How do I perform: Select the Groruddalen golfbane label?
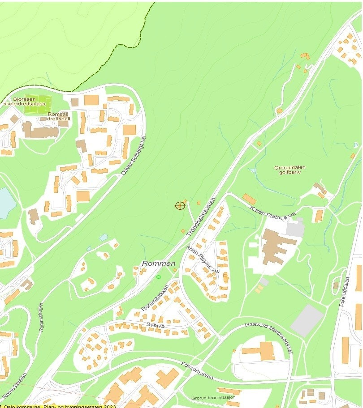(290, 170)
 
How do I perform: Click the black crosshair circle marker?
(180, 205)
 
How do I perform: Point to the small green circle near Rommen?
(158, 277)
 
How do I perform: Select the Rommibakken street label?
(155, 298)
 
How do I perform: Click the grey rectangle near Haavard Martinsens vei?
(307, 320)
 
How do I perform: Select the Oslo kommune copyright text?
(58, 406)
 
